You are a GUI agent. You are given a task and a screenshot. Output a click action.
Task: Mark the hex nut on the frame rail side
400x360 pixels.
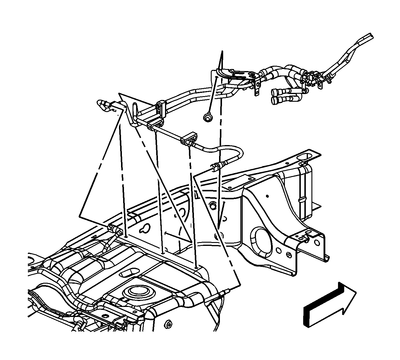click(x=212, y=205)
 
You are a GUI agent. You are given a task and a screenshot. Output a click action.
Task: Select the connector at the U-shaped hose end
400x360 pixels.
click(x=215, y=167)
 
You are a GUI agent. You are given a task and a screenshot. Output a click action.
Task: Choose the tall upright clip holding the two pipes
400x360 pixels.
click(x=161, y=109)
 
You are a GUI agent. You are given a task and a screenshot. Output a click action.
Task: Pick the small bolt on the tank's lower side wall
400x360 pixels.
click(x=169, y=324)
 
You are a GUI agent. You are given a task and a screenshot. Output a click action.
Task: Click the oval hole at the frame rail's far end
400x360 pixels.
click(x=305, y=156)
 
